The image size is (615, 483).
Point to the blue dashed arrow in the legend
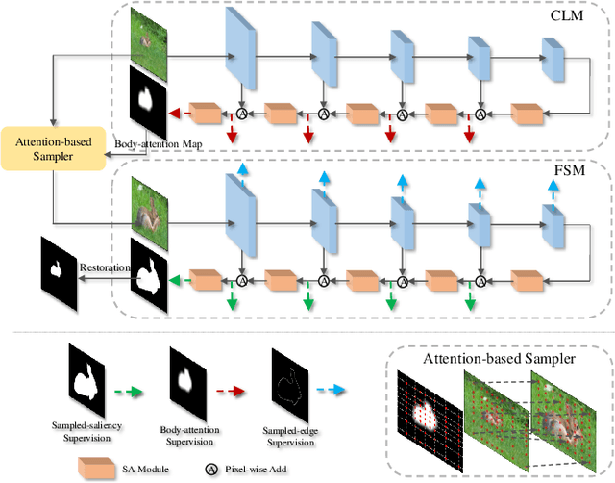[340, 390]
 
